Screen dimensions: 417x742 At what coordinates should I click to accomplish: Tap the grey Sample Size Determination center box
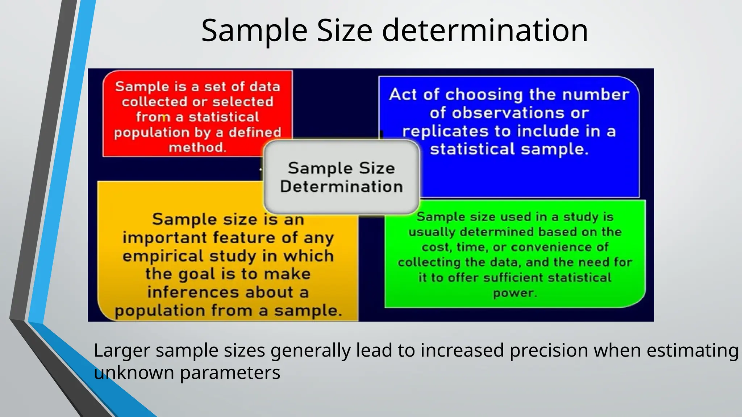(x=341, y=177)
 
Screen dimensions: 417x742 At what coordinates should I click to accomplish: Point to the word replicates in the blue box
(x=445, y=131)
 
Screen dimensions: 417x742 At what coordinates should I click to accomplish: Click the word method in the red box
(x=197, y=147)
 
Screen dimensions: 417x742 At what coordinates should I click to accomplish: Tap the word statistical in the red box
(x=224, y=117)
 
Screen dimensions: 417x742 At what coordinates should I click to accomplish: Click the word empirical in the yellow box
(x=164, y=256)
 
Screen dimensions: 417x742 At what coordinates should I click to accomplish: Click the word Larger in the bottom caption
(x=122, y=351)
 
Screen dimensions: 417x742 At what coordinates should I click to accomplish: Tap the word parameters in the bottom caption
(x=230, y=372)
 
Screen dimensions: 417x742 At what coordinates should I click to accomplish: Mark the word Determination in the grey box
(x=341, y=186)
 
